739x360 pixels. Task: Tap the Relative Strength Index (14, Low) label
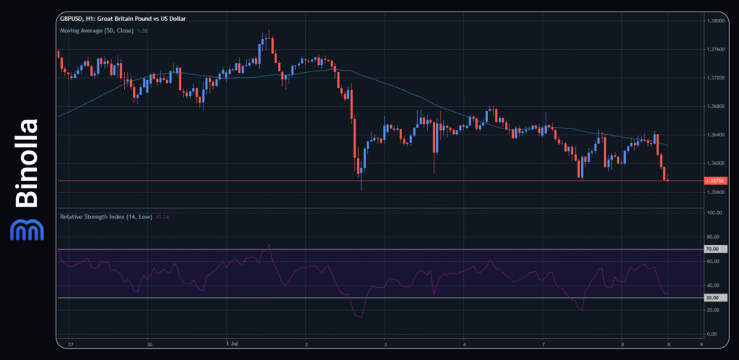click(x=105, y=216)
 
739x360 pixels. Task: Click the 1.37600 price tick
click(x=717, y=50)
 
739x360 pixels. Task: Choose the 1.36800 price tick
click(x=717, y=107)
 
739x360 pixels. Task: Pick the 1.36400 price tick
click(x=717, y=135)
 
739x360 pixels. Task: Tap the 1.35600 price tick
click(x=717, y=192)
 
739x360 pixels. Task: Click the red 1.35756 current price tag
click(x=716, y=180)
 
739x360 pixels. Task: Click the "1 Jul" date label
click(x=232, y=345)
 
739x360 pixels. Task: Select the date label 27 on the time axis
click(x=69, y=345)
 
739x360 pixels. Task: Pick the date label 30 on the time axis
click(x=148, y=345)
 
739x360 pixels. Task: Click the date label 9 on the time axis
click(x=701, y=345)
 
